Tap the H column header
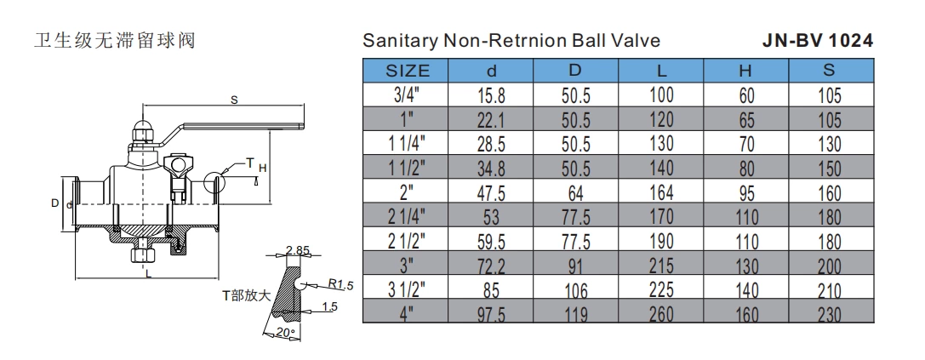(746, 71)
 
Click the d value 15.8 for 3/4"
(492, 95)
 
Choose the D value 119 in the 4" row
(576, 314)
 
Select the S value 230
(830, 314)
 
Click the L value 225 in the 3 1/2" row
(661, 289)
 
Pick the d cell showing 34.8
(492, 168)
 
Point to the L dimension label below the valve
(148, 275)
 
